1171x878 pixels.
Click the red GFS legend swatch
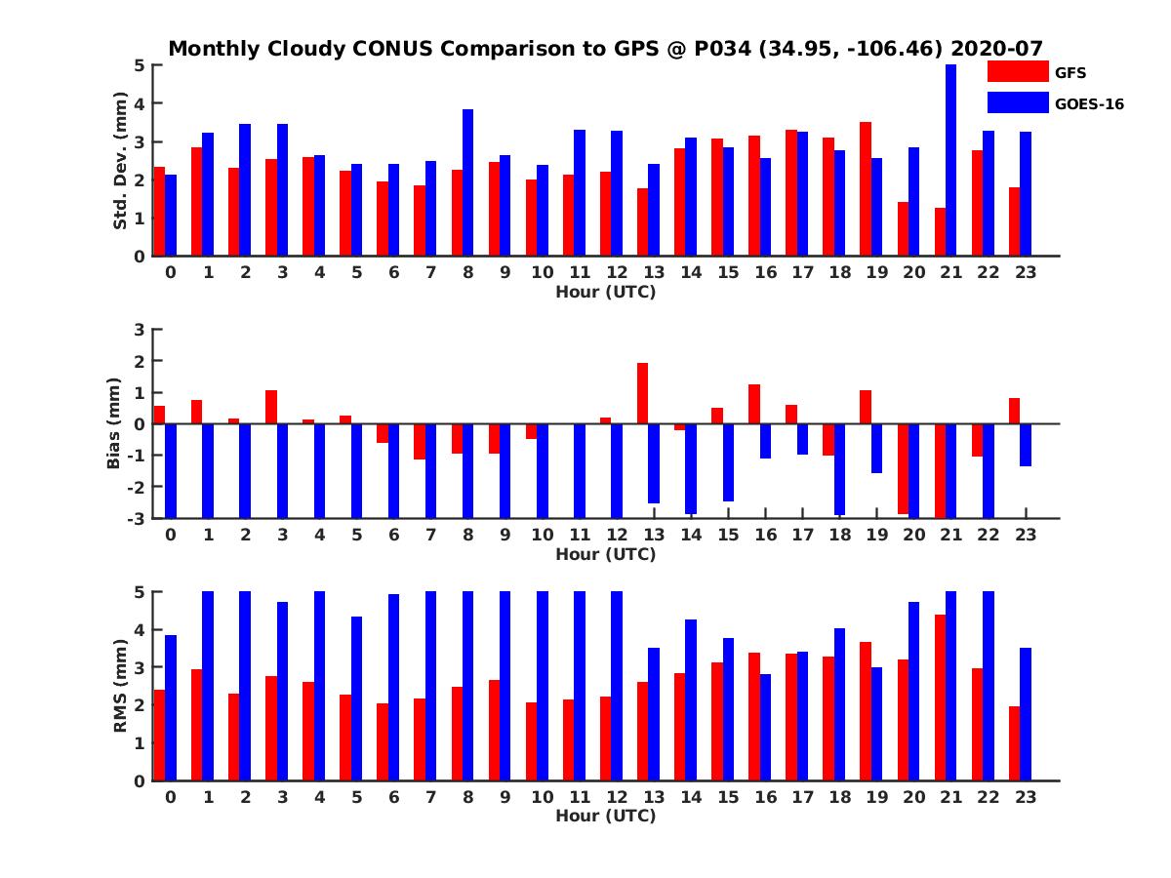click(x=1018, y=71)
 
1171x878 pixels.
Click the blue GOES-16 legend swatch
click(x=1018, y=102)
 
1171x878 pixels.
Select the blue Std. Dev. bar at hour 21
click(x=950, y=160)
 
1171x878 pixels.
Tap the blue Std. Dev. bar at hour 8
click(x=467, y=182)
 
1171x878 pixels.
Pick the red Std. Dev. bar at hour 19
click(x=866, y=189)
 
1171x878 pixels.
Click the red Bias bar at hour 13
click(x=642, y=393)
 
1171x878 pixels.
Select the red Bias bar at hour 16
click(x=753, y=404)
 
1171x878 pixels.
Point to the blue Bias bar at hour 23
click(x=1025, y=445)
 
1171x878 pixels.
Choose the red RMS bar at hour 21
click(x=940, y=698)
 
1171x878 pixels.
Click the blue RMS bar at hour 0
click(x=171, y=708)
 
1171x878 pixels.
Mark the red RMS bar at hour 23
click(x=1014, y=743)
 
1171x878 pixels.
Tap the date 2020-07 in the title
click(x=996, y=49)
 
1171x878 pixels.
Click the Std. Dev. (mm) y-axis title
click(x=121, y=160)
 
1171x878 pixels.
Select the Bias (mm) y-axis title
click(x=113, y=423)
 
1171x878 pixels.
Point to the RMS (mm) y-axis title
click(x=121, y=686)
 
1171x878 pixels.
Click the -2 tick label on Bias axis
click(x=136, y=487)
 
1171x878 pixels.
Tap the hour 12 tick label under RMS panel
click(x=617, y=797)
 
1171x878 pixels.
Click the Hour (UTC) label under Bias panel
click(x=606, y=554)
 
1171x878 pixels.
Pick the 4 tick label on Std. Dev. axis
click(x=140, y=103)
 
